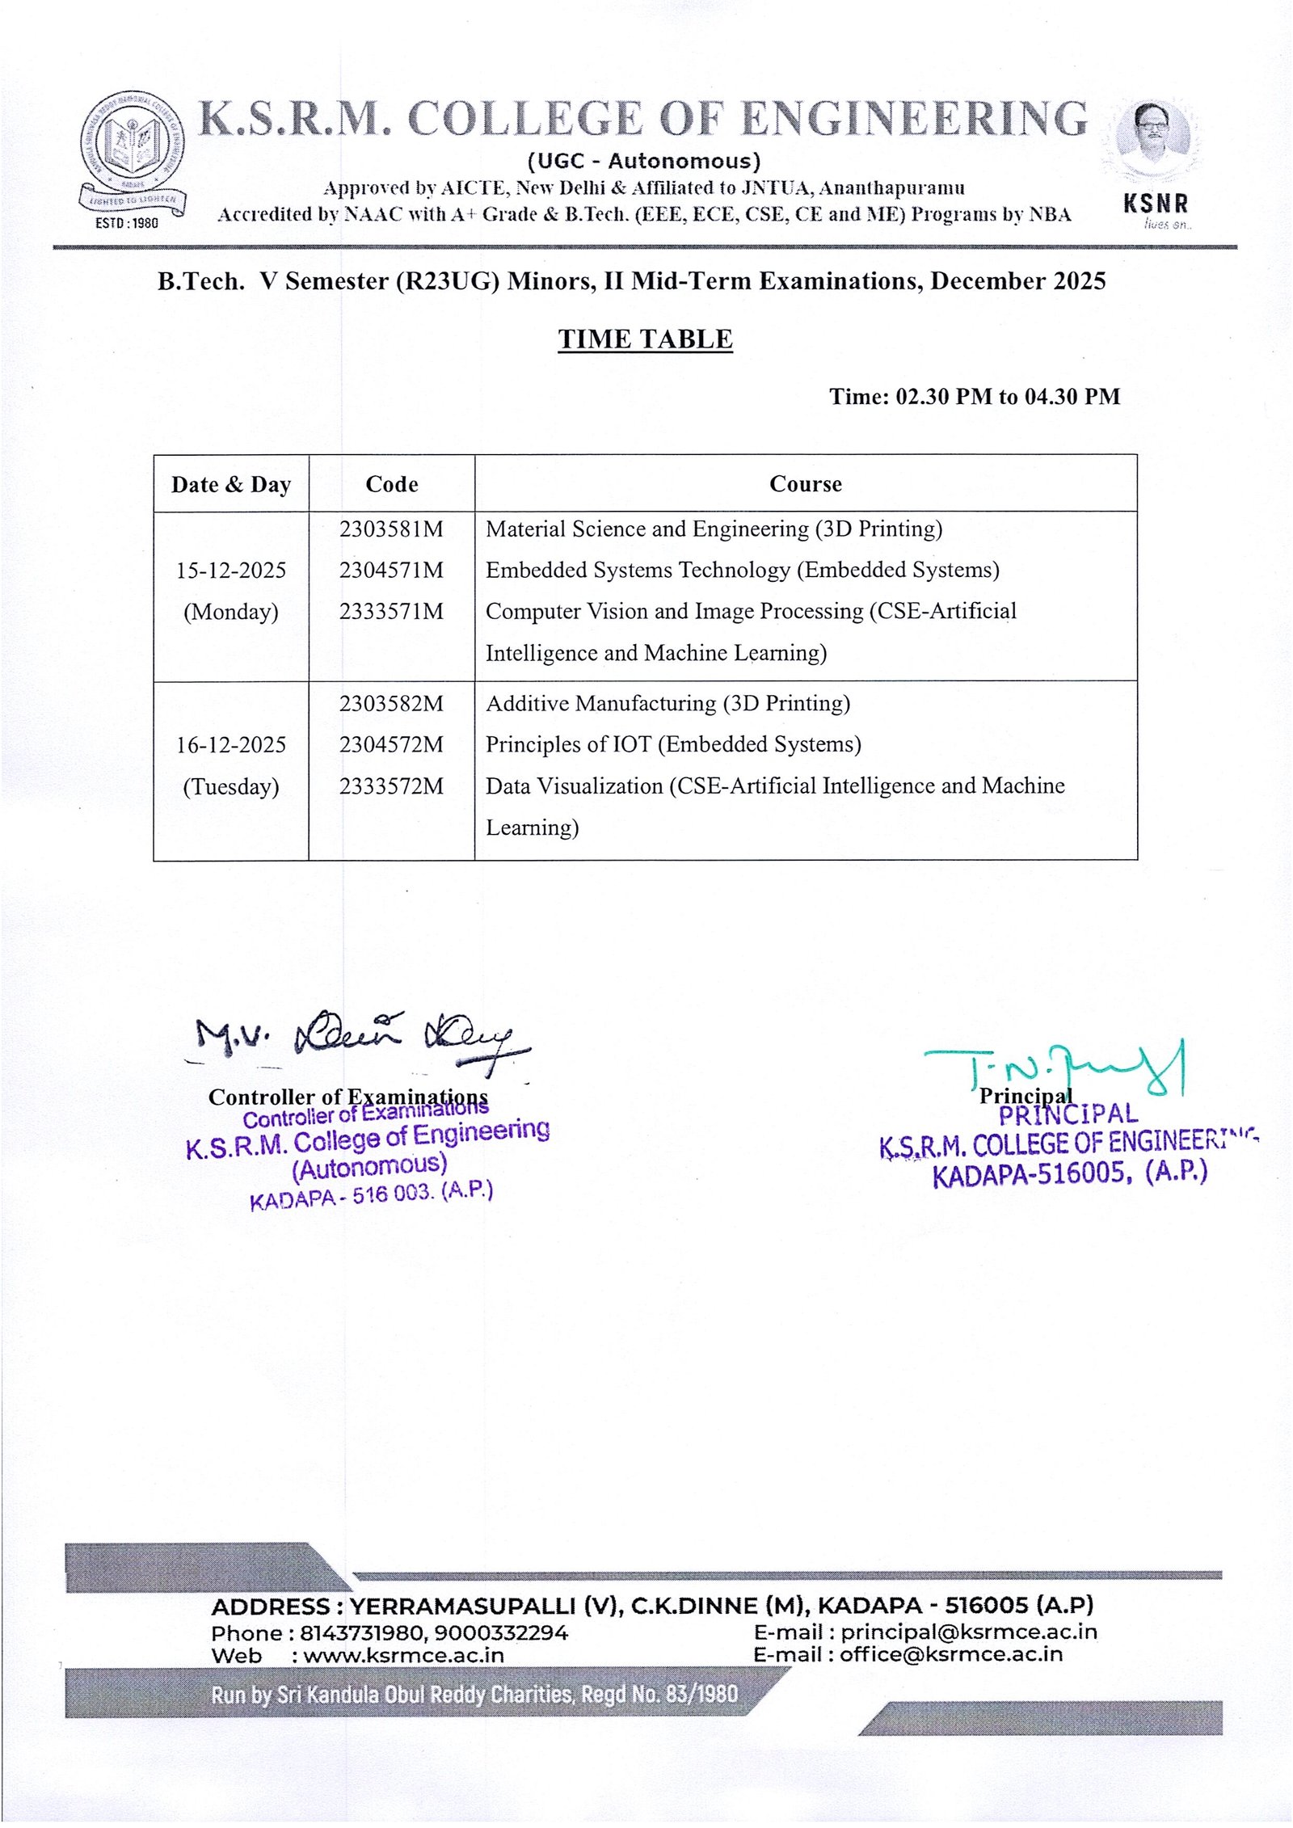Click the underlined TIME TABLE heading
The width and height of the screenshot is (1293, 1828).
coord(645,339)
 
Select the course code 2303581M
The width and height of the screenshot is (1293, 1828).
coord(391,529)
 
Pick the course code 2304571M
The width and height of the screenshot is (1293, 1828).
coord(391,570)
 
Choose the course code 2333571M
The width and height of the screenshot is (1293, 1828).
coord(391,611)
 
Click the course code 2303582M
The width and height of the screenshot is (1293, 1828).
coord(391,703)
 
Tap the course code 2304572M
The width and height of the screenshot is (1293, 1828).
coord(391,744)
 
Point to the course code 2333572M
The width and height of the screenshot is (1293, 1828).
coord(391,786)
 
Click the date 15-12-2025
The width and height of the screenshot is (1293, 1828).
coord(231,570)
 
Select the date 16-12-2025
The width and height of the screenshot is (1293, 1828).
coord(231,744)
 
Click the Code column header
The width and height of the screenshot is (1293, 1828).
coord(391,484)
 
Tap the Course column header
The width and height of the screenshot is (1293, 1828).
coord(805,484)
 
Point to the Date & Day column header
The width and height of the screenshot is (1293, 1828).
coord(231,484)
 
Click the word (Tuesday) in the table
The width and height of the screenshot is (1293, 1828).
coord(231,786)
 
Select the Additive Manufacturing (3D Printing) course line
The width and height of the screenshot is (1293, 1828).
coord(668,703)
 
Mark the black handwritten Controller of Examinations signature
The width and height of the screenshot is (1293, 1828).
coord(356,1038)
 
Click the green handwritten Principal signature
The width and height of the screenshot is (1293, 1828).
coord(1059,1067)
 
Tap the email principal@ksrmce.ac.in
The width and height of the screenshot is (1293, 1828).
coord(968,1632)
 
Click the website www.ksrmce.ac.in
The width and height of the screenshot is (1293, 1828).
coord(403,1655)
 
